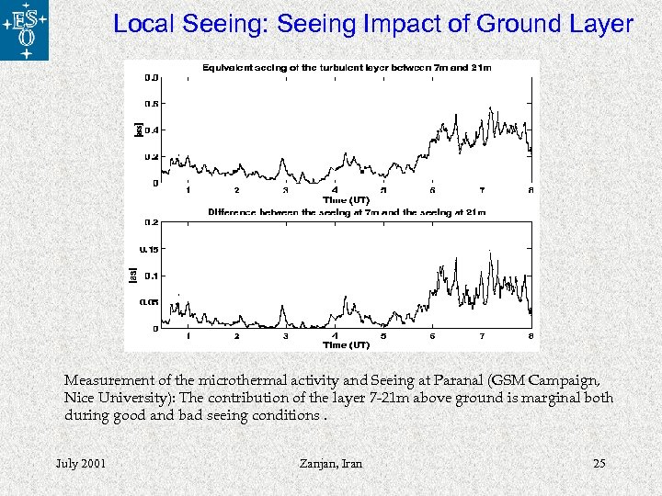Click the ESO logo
click(x=25, y=30)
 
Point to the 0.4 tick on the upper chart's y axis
click(x=152, y=130)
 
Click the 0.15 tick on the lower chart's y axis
click(x=149, y=249)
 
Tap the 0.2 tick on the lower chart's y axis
click(x=152, y=222)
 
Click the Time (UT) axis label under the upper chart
click(x=346, y=199)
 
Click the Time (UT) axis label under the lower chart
click(x=346, y=345)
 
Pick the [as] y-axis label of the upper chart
click(x=138, y=130)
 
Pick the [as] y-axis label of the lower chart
click(x=132, y=275)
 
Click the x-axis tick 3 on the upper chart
click(x=286, y=190)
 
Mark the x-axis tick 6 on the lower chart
click(x=433, y=336)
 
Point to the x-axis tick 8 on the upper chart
click(x=531, y=190)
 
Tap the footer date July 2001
click(x=81, y=463)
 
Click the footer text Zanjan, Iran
click(x=331, y=463)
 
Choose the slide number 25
click(x=599, y=463)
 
